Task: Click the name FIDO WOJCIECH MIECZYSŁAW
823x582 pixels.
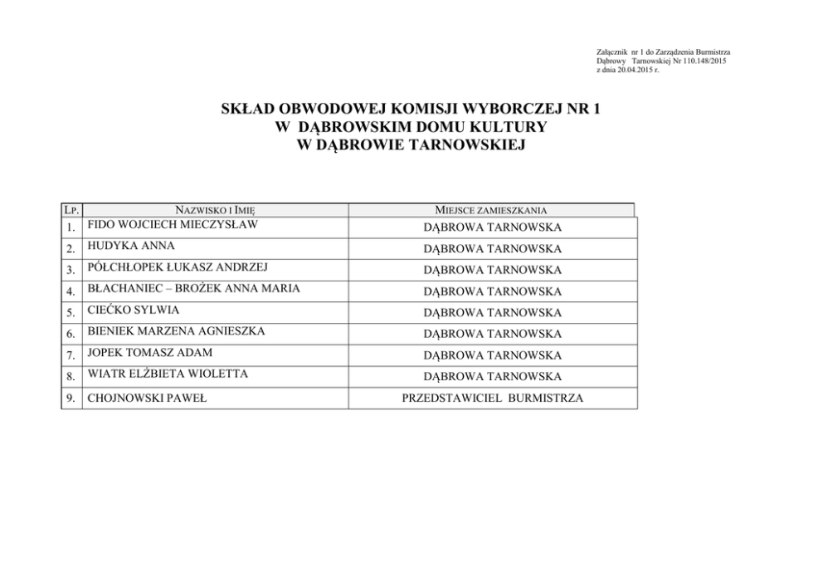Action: (x=172, y=224)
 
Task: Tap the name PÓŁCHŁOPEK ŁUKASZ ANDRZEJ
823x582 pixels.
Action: (x=178, y=267)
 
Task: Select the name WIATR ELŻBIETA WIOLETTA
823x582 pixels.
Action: (x=167, y=374)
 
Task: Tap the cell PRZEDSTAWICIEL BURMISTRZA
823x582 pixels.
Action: (x=492, y=399)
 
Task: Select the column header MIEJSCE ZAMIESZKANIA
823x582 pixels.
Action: (x=491, y=211)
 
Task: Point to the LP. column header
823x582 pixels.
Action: (x=71, y=211)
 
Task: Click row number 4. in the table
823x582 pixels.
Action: (x=71, y=291)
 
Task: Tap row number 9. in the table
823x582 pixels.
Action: (x=71, y=399)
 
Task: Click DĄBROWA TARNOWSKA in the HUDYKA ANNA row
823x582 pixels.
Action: (x=492, y=249)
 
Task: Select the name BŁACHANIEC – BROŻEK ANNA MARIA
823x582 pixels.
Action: (x=193, y=288)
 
